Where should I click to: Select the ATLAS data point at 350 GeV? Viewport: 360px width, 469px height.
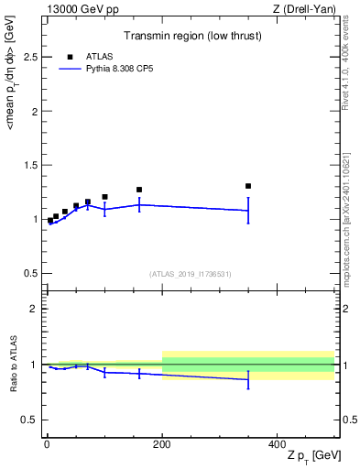(248, 186)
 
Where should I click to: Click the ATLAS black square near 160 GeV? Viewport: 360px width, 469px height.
(139, 190)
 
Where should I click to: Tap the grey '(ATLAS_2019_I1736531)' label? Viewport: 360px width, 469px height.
(191, 274)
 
